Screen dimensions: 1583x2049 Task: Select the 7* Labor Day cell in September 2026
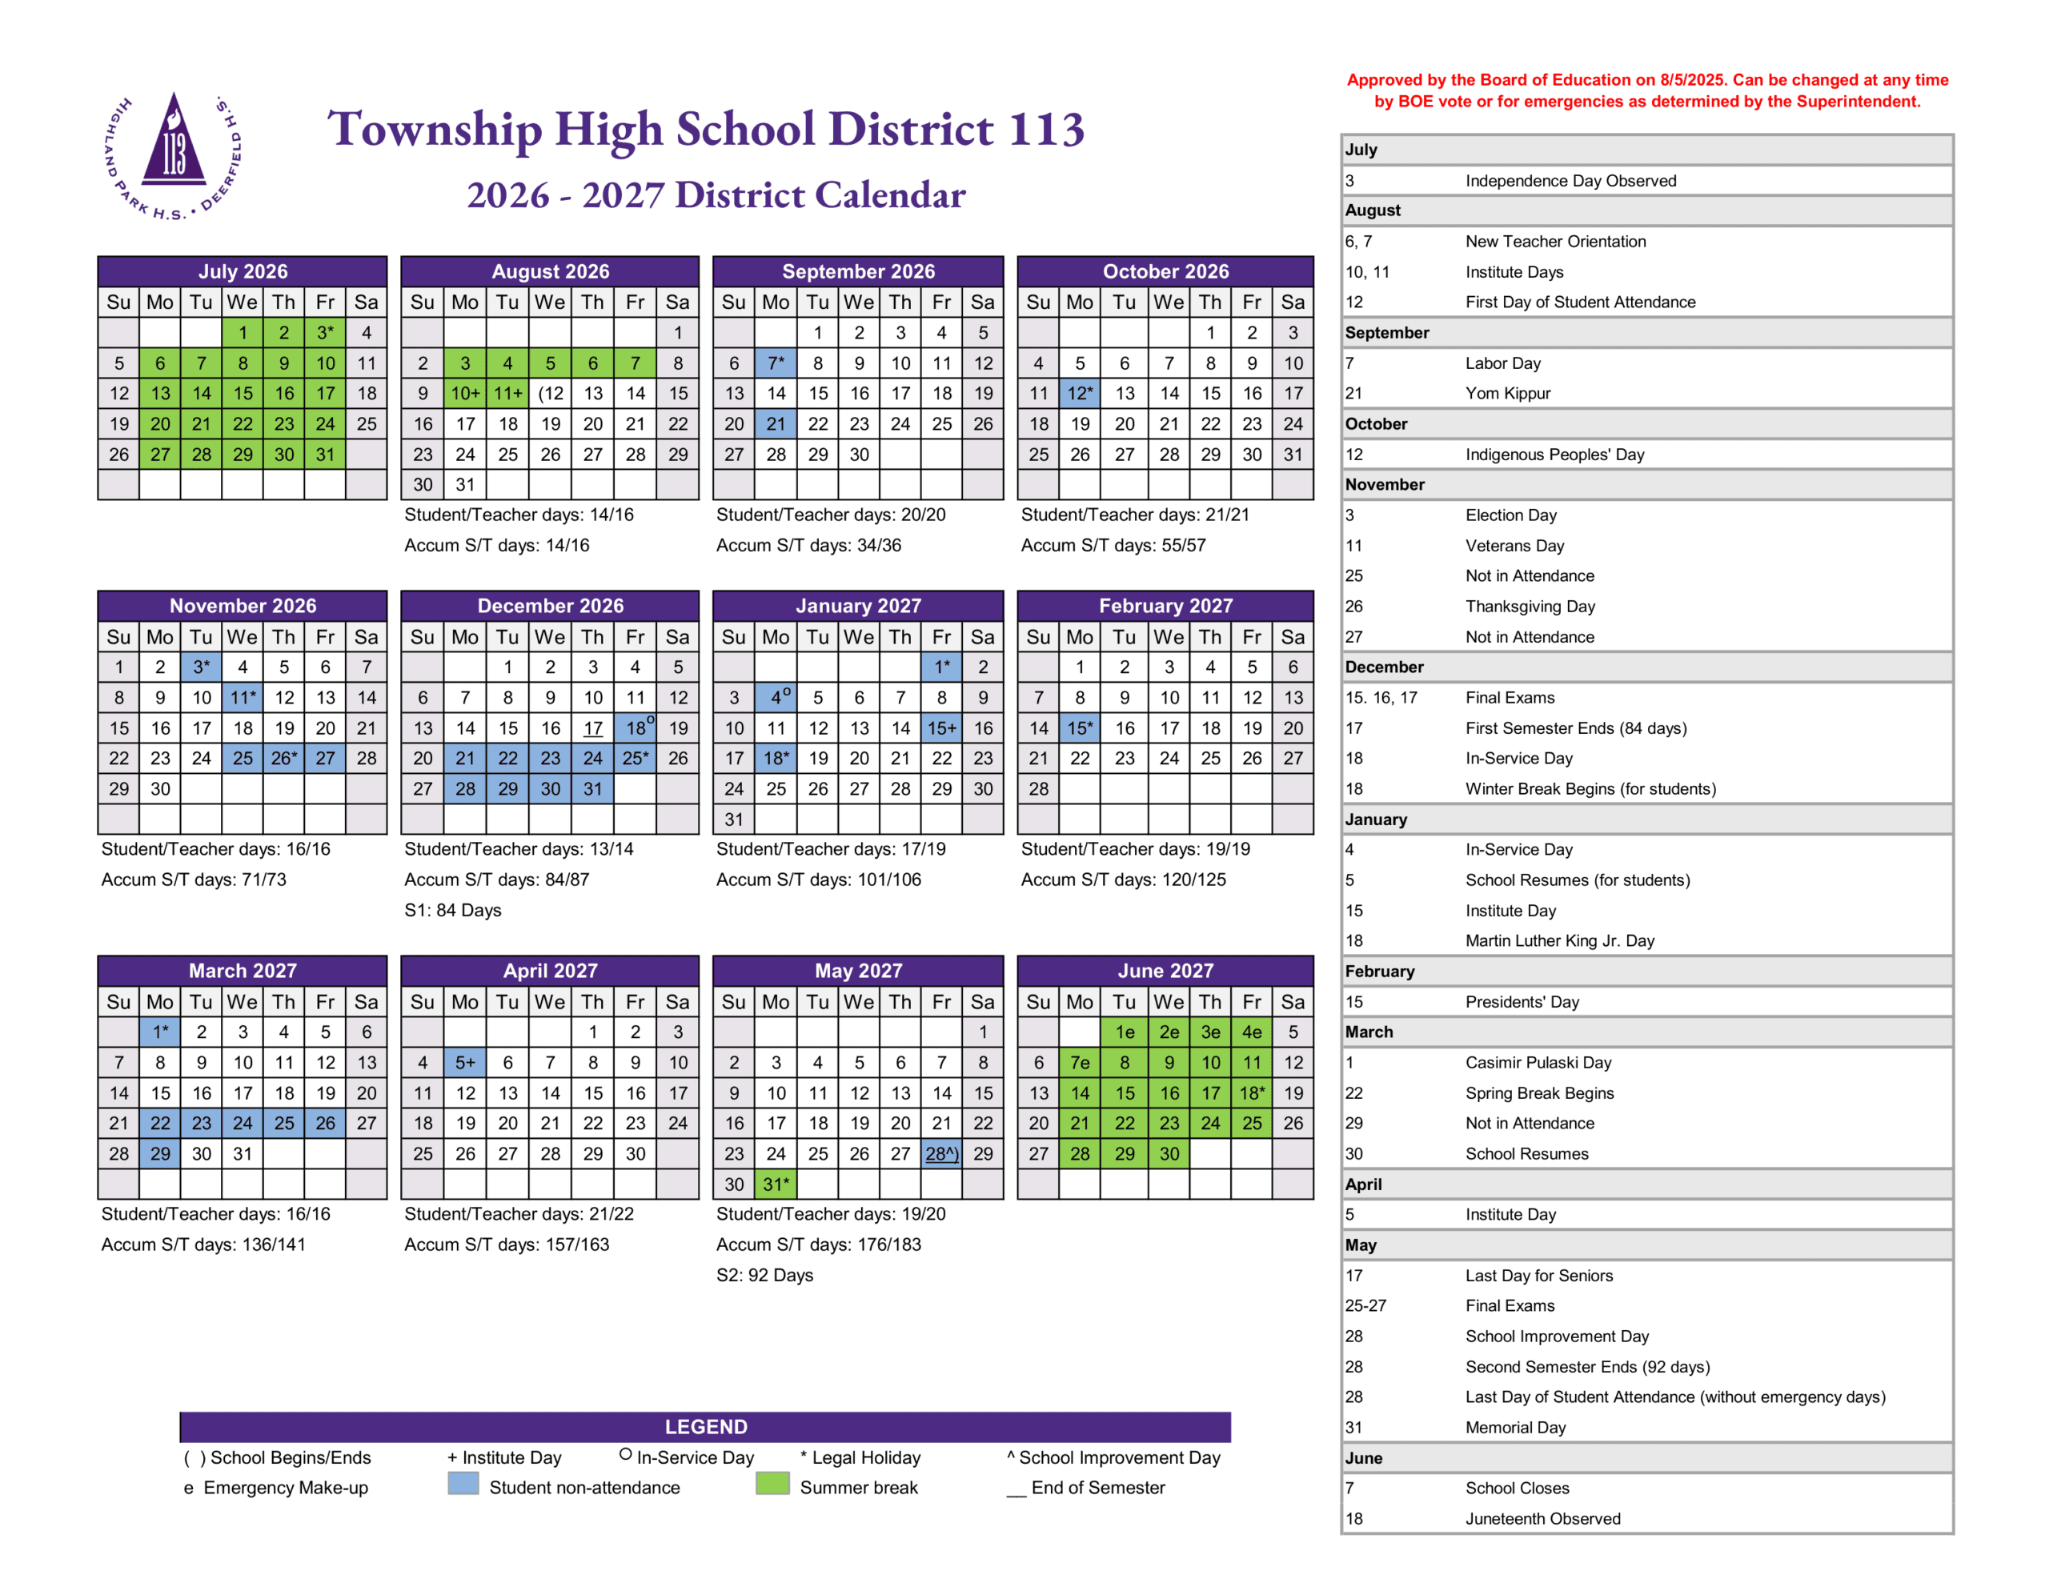775,363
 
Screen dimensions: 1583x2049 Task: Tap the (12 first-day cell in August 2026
550,393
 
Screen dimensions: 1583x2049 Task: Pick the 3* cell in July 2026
325,332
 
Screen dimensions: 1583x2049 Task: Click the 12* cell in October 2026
1080,393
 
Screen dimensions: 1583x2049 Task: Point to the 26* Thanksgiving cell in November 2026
283,758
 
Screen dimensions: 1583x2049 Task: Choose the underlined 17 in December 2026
593,728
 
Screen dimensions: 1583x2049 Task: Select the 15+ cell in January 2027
941,728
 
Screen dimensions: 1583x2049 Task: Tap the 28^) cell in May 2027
941,1153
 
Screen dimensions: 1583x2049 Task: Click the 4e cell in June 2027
1252,1032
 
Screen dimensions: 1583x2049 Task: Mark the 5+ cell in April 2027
465,1062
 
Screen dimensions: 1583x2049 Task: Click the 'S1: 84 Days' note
452,910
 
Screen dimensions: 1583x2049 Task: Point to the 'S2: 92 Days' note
764,1275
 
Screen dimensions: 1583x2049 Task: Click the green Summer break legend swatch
772,1485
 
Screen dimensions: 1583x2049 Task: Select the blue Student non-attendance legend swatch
463,1485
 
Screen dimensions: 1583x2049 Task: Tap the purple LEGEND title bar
705,1426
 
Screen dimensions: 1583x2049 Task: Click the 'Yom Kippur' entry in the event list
1508,393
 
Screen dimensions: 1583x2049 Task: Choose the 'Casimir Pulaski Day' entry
1538,1062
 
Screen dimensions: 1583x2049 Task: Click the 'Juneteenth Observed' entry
1542,1518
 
